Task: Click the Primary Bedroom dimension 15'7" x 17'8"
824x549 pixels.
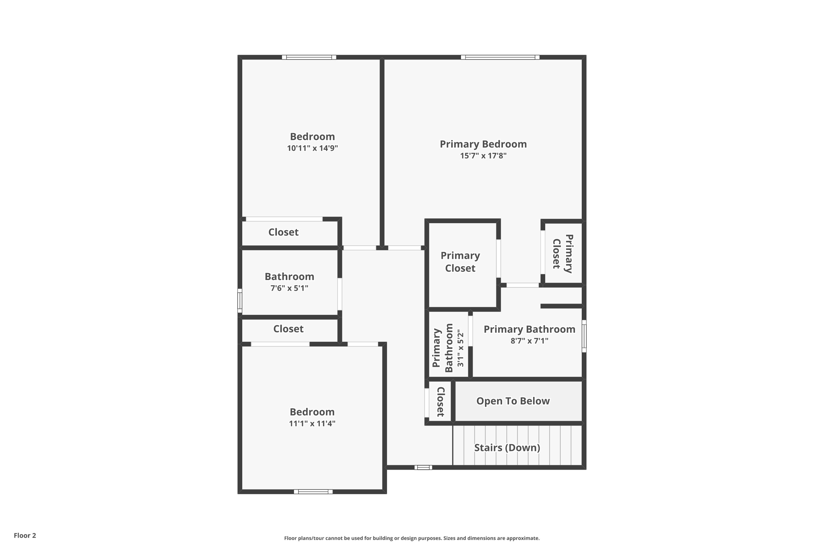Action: pyautogui.click(x=483, y=156)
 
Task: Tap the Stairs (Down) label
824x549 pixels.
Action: pyautogui.click(x=507, y=448)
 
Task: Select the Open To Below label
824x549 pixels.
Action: pyautogui.click(x=513, y=401)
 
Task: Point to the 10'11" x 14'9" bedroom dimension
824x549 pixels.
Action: pyautogui.click(x=312, y=148)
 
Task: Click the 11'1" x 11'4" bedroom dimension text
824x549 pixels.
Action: pyautogui.click(x=312, y=424)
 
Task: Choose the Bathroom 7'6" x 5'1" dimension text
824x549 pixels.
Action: pyautogui.click(x=289, y=288)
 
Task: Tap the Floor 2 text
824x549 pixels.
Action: pyautogui.click(x=25, y=535)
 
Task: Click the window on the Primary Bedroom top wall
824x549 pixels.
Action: pyautogui.click(x=500, y=57)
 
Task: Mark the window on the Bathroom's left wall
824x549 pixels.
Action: pyautogui.click(x=240, y=300)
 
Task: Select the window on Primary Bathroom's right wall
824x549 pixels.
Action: pyautogui.click(x=584, y=336)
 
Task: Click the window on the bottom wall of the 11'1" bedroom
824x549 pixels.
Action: pyautogui.click(x=313, y=491)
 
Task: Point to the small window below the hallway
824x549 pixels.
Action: pyautogui.click(x=423, y=467)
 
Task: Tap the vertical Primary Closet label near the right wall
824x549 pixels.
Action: pyautogui.click(x=562, y=253)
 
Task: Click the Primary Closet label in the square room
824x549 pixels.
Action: pyautogui.click(x=460, y=262)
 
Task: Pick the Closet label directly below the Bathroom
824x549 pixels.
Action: pyautogui.click(x=288, y=329)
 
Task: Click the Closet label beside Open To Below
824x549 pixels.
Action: pyautogui.click(x=440, y=401)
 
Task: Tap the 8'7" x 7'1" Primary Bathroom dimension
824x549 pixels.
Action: pyautogui.click(x=529, y=341)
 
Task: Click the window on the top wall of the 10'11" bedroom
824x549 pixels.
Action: pyautogui.click(x=309, y=57)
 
